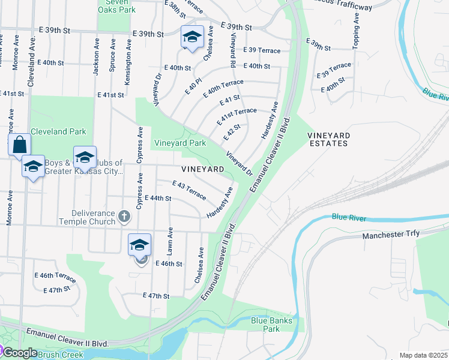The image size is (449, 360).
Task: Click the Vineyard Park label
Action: [180, 143]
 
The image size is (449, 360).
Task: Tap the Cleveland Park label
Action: [58, 131]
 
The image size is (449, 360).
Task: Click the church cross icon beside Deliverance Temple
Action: [124, 216]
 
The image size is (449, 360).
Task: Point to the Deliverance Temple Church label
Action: [87, 217]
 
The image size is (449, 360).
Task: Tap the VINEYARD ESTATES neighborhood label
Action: [328, 140]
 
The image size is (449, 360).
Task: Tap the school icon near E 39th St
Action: [192, 37]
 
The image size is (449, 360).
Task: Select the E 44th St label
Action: [158, 198]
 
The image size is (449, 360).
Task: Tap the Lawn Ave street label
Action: [170, 238]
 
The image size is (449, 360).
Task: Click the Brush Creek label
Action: [59, 355]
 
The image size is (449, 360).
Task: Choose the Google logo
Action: [20, 353]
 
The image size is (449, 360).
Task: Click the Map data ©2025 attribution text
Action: [423, 355]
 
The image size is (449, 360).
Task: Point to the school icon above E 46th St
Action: [139, 245]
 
